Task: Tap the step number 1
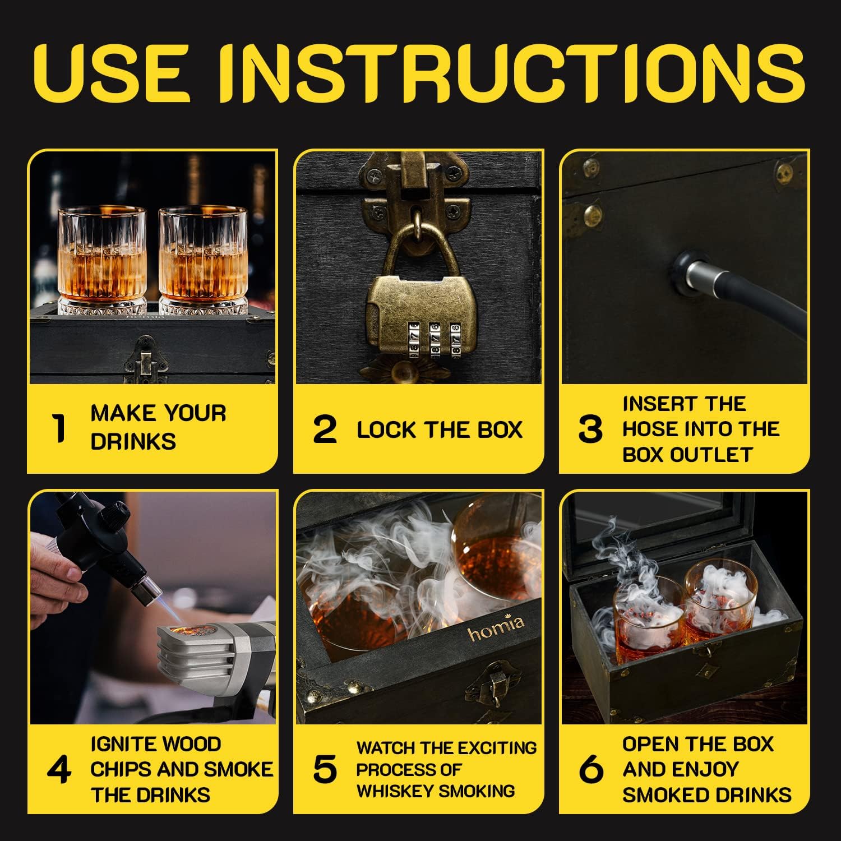click(58, 428)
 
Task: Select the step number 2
click(325, 429)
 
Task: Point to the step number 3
click(590, 429)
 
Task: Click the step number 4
click(59, 769)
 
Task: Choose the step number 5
click(325, 769)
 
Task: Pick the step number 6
click(590, 769)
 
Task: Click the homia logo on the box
click(496, 628)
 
